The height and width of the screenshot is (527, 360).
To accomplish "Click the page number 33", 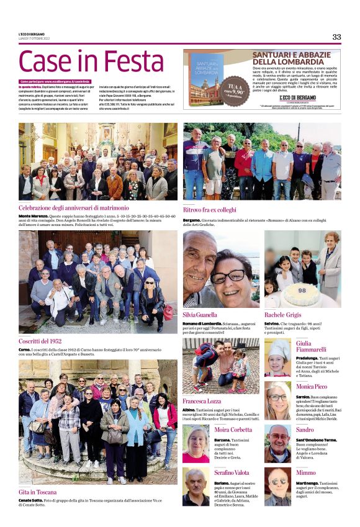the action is point(336,37).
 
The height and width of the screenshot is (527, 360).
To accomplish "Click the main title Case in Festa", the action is point(91,62).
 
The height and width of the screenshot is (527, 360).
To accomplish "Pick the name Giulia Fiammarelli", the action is point(312,347).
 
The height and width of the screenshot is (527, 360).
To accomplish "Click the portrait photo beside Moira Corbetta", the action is point(196,443).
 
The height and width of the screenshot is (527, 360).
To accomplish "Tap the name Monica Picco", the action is point(311,387).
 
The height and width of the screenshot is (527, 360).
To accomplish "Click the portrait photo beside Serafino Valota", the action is point(196,487).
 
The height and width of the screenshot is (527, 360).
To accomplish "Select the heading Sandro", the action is point(305,430).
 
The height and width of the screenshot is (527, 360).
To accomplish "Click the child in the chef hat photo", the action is point(277,358).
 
